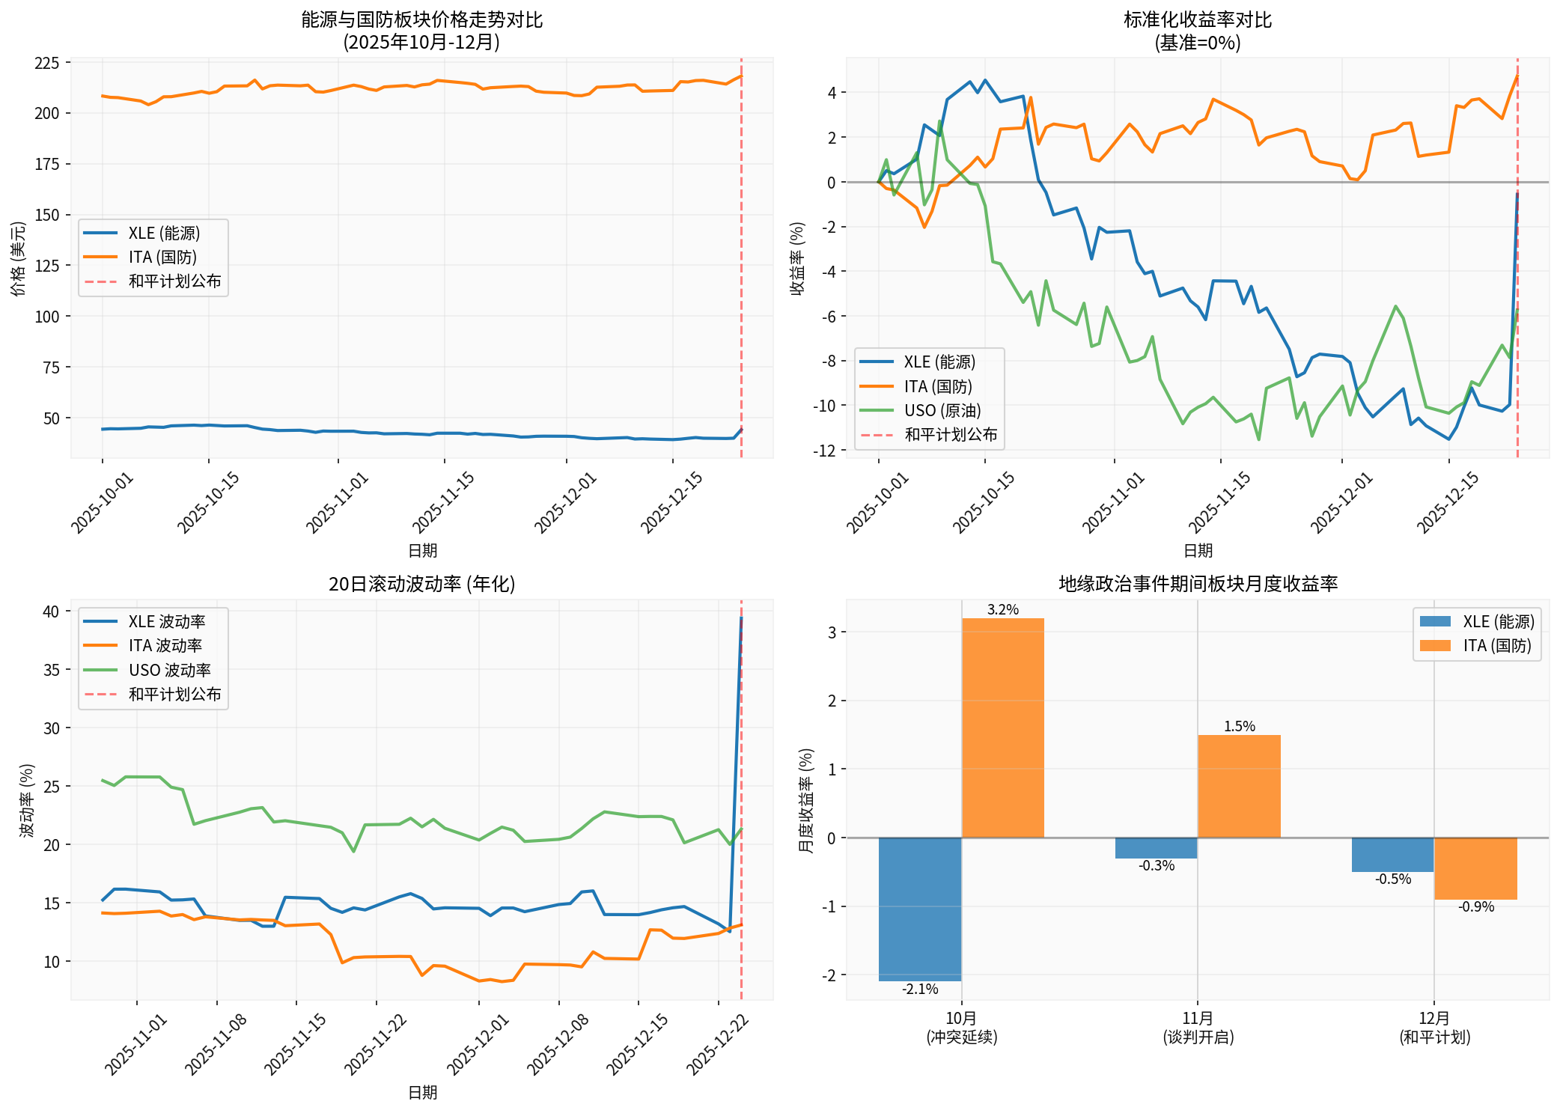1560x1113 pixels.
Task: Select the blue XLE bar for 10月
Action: (919, 909)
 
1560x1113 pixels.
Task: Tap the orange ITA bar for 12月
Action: (1475, 868)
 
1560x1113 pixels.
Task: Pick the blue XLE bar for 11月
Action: (1156, 848)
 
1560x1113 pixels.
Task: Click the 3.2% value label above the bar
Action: (1002, 610)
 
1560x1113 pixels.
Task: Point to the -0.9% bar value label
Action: (1475, 907)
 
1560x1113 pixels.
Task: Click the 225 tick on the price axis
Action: (47, 63)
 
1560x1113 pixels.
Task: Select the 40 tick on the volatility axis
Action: (51, 612)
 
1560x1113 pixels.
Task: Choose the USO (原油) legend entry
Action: (942, 411)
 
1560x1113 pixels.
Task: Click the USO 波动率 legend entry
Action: (169, 670)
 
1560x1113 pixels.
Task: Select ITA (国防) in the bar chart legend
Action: (1497, 646)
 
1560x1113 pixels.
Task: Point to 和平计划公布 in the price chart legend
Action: (174, 281)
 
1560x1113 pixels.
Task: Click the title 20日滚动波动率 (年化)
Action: (421, 584)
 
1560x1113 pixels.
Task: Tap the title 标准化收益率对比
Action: (1197, 20)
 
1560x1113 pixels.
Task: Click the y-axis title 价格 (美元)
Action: (19, 258)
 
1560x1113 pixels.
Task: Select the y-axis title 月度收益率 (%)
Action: (806, 800)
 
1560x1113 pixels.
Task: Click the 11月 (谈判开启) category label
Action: (1198, 1028)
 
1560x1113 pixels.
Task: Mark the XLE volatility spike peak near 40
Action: (741, 618)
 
